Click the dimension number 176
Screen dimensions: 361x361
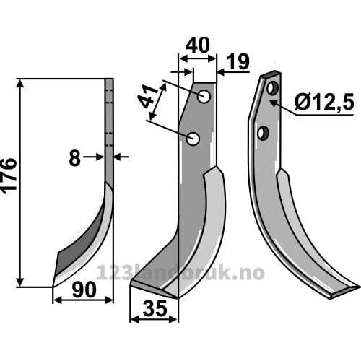coord(9,175)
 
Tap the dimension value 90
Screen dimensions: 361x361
coord(84,290)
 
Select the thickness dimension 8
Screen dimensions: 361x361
coord(74,159)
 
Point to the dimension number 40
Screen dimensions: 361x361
coord(198,45)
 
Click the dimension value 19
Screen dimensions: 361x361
coord(238,62)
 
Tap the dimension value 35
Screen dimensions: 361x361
coord(155,309)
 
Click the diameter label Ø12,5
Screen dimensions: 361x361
coord(324,102)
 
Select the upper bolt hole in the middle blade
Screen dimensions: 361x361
coord(204,97)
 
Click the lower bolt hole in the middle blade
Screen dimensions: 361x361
coord(193,139)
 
